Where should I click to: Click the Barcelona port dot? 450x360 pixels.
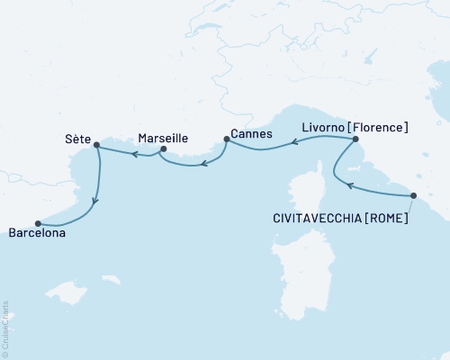tap(37, 223)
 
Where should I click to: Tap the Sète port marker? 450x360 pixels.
tap(96, 144)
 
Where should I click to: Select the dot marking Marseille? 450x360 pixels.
tap(163, 149)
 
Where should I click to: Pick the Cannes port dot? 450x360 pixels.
tap(226, 139)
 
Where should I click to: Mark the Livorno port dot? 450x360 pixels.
tap(355, 139)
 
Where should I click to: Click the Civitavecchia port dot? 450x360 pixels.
tap(413, 195)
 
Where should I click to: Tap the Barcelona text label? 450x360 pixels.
tap(38, 234)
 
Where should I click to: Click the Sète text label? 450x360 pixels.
tap(78, 140)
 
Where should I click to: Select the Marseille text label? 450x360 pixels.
tap(163, 139)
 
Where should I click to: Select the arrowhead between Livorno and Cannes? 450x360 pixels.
tap(292, 144)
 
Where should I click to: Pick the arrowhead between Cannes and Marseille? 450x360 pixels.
tap(204, 164)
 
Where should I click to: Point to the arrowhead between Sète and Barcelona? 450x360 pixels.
tap(96, 201)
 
